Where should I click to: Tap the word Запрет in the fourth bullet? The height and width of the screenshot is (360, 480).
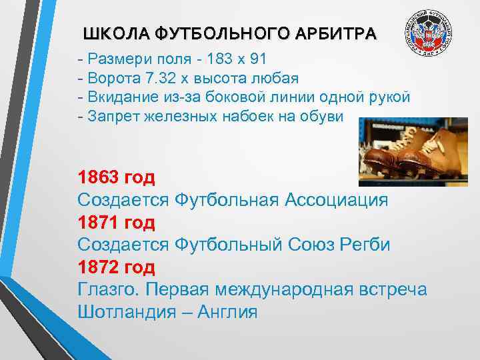(114, 117)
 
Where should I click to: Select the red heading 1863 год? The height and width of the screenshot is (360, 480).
(116, 177)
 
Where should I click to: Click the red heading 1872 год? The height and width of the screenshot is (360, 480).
(116, 268)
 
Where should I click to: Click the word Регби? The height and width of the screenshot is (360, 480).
(367, 245)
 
